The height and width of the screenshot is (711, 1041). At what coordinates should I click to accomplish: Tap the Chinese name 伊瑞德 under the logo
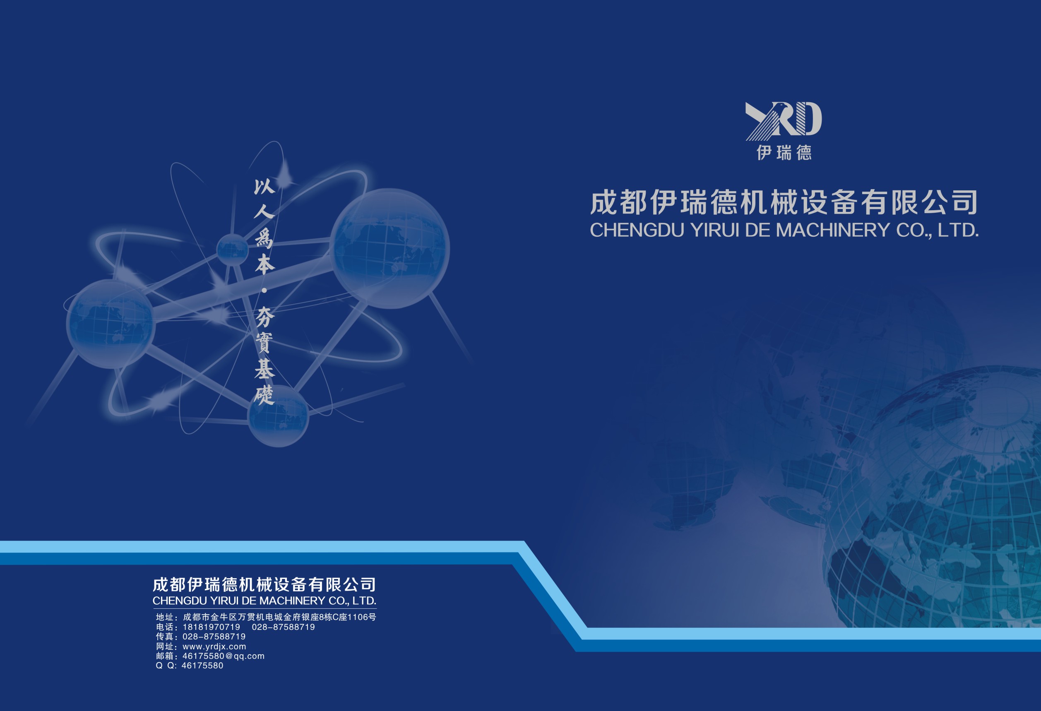click(784, 153)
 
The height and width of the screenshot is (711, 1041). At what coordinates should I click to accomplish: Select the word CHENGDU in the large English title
click(637, 230)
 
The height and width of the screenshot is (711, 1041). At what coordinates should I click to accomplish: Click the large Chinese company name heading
click(784, 202)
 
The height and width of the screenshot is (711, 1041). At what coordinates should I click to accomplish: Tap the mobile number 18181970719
click(212, 627)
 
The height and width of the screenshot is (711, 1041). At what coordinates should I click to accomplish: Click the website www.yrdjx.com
click(214, 646)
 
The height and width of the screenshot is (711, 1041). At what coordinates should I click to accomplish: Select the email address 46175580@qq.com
click(224, 656)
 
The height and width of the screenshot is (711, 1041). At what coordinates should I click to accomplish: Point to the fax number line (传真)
click(201, 636)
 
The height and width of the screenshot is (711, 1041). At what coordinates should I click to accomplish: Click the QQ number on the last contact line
click(202, 665)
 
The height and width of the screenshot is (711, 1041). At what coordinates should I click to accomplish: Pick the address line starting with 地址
click(266, 617)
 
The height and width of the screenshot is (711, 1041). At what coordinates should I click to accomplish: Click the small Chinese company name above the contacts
click(264, 584)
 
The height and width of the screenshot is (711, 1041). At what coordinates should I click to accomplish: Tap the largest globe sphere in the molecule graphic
click(390, 248)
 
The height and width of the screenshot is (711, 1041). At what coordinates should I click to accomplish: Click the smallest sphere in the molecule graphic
click(233, 250)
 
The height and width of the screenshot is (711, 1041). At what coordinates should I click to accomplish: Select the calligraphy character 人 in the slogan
click(264, 210)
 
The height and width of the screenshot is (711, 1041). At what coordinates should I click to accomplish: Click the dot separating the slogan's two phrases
click(264, 291)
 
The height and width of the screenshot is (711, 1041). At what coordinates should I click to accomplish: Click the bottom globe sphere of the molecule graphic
click(278, 416)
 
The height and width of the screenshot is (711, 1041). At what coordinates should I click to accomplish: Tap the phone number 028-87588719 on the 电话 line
click(283, 627)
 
